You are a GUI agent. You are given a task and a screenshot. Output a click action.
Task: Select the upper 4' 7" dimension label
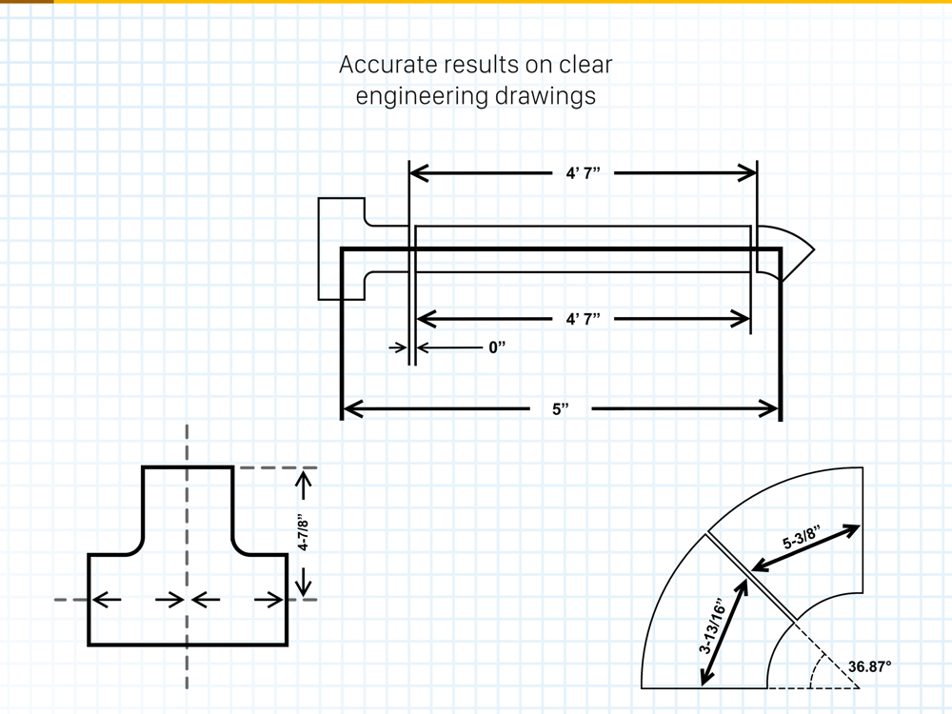tap(583, 173)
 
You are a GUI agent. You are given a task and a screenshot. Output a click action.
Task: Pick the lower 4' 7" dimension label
tap(583, 319)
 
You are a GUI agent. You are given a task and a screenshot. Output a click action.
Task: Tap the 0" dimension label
tap(497, 348)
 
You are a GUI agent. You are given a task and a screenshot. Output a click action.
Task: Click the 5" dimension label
tap(561, 410)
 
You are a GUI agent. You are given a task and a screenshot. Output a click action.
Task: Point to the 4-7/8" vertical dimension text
tap(304, 533)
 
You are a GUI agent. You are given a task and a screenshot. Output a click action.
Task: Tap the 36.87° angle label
tap(869, 666)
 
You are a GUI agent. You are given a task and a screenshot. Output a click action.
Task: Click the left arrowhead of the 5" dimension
tap(352, 410)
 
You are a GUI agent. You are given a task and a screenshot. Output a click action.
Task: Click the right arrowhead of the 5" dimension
tap(769, 410)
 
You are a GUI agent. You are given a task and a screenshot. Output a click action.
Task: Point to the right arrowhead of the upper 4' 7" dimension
tap(745, 173)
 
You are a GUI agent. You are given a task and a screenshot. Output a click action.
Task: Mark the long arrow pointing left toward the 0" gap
tap(447, 348)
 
